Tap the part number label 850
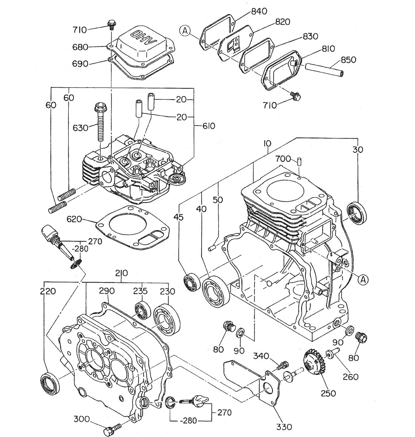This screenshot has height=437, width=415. tap(349, 60)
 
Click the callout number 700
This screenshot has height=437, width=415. tap(283, 159)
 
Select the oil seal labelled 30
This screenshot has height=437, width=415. tap(357, 214)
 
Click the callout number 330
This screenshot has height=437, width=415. tap(284, 427)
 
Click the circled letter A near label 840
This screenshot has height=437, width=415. tap(185, 31)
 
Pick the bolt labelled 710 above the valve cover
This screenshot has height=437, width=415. tap(112, 24)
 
